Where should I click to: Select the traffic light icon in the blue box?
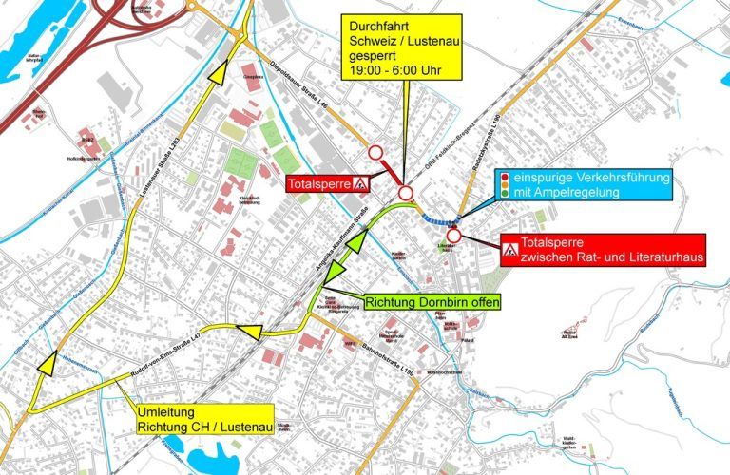pyautogui.click(x=506, y=185)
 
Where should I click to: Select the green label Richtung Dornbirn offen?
pyautogui.click(x=432, y=303)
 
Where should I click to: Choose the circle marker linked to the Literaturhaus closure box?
pyautogui.click(x=454, y=237)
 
